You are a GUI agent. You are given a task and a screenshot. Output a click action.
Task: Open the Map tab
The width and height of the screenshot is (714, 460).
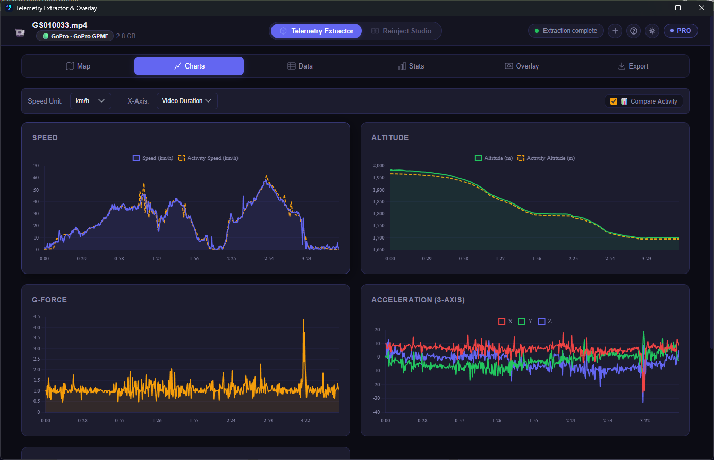[x=78, y=66]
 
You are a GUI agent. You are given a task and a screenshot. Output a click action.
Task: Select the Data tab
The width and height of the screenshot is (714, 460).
[x=300, y=66]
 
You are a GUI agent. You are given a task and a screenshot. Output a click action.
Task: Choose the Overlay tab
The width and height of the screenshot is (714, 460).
[x=522, y=66]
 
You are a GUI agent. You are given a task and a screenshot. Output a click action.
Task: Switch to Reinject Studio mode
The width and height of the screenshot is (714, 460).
[x=401, y=31]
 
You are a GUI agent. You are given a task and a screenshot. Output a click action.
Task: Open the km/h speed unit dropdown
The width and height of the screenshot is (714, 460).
[x=90, y=101]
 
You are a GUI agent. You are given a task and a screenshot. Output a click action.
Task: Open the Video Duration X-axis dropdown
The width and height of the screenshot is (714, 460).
[x=186, y=101]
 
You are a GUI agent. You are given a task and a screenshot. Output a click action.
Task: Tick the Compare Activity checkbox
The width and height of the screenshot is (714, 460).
[x=614, y=101]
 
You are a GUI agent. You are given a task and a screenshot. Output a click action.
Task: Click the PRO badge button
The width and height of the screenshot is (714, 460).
[x=680, y=31]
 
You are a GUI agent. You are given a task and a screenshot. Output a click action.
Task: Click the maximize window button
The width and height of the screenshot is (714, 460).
[x=678, y=8]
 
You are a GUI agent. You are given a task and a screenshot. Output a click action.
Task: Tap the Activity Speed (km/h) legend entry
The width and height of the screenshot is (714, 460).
[x=208, y=158]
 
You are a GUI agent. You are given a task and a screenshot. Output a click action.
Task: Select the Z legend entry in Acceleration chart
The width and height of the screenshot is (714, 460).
[x=545, y=321]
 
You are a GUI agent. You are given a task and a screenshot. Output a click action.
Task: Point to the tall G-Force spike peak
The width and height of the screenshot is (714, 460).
[x=303, y=320]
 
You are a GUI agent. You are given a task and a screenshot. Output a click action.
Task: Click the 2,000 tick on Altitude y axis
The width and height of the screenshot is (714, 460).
[x=379, y=166]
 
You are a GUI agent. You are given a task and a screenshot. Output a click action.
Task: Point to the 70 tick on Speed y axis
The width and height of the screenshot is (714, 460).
[x=36, y=166]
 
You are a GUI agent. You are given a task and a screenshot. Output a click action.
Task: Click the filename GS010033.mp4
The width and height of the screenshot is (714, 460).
[x=60, y=25]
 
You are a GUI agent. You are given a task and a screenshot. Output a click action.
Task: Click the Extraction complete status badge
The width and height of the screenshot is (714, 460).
[x=566, y=31]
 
